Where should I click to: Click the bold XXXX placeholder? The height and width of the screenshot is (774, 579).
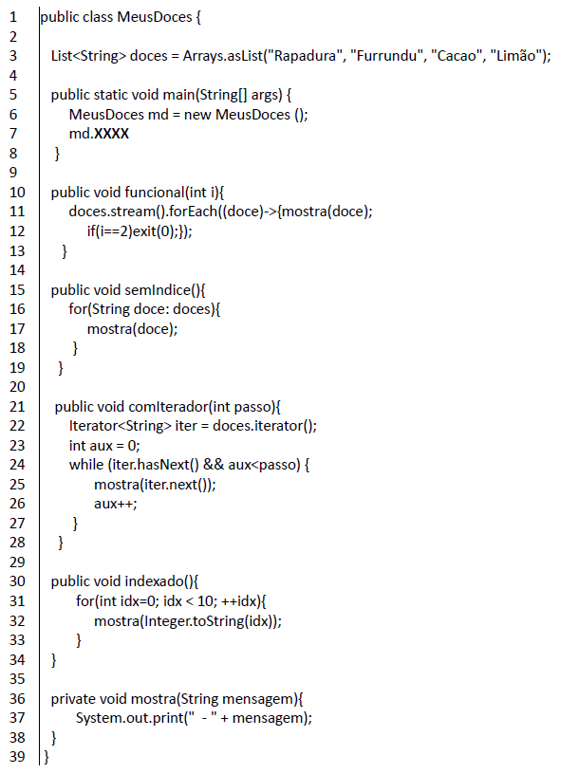(x=111, y=134)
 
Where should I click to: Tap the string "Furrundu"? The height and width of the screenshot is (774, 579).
(x=387, y=56)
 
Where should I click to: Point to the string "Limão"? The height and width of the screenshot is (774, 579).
(x=516, y=56)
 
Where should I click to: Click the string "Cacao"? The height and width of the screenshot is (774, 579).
(x=457, y=56)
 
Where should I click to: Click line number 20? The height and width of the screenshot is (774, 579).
(x=17, y=387)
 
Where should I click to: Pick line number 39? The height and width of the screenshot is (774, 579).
(x=17, y=756)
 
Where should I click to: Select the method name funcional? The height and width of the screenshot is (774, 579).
(x=155, y=192)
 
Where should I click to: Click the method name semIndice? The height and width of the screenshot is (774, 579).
(x=158, y=289)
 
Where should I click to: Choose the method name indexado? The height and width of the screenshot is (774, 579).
(x=154, y=581)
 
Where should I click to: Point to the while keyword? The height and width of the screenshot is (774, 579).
(x=86, y=465)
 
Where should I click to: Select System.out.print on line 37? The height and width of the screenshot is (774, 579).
(x=129, y=718)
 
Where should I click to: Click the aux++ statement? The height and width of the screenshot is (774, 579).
(x=116, y=504)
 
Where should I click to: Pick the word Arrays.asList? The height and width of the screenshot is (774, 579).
(x=223, y=56)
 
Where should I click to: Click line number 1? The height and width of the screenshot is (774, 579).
(x=13, y=17)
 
